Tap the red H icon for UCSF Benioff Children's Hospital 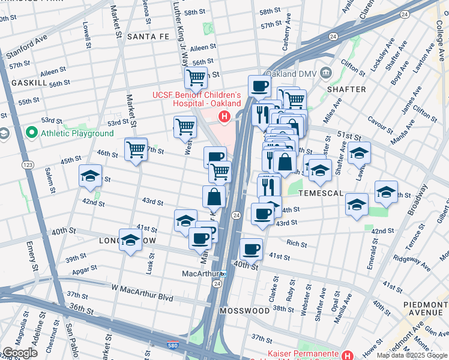click(224, 116)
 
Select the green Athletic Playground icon click(32, 133)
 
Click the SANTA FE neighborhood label click(148, 37)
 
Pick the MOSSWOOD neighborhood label click(244, 311)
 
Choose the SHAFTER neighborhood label click(346, 89)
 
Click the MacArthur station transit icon click(223, 274)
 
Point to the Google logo click(20, 353)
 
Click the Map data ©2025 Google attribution click(412, 355)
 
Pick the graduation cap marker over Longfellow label click(130, 241)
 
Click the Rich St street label click(297, 244)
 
